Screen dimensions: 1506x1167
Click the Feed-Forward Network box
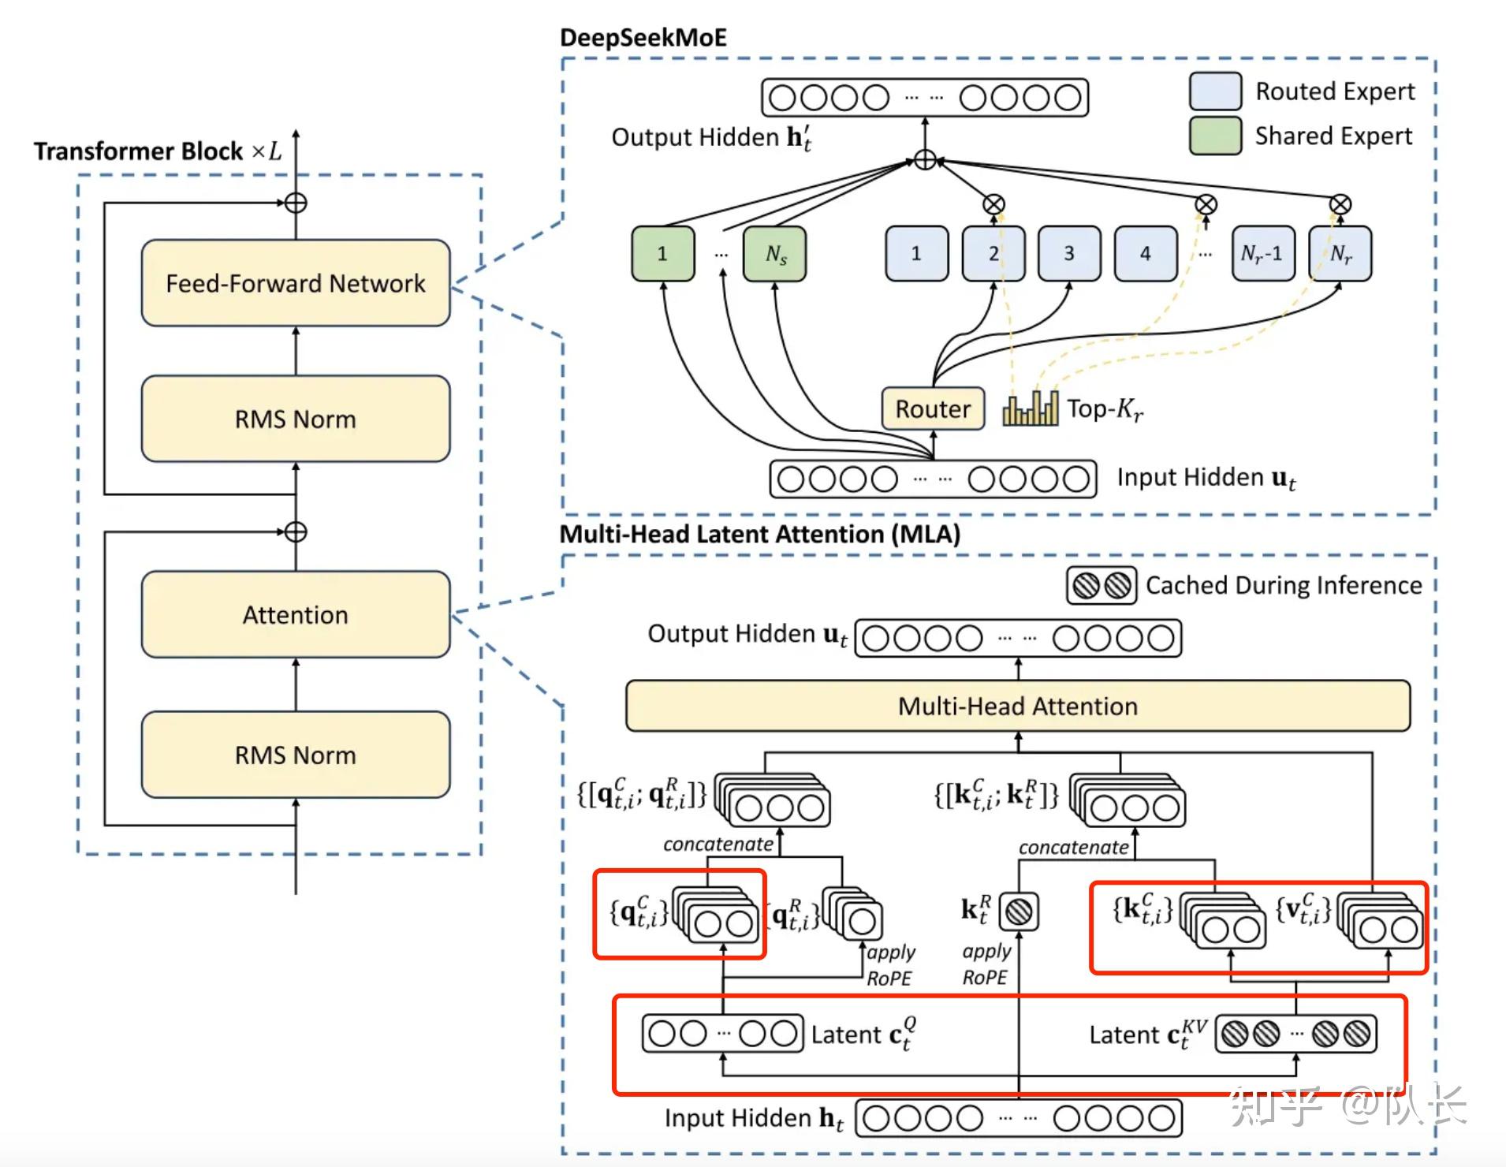tap(296, 283)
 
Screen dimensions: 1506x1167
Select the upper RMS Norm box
tap(296, 419)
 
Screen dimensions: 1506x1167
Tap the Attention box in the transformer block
tap(296, 614)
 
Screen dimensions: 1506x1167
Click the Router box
tap(933, 408)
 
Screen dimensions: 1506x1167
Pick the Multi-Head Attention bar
tap(1018, 706)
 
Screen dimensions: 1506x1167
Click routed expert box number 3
tap(1069, 253)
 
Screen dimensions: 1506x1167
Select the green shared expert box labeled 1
tap(663, 253)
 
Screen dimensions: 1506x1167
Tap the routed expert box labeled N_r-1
tap(1263, 253)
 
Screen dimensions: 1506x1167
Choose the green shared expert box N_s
tap(775, 253)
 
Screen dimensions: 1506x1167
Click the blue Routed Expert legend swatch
tap(1216, 91)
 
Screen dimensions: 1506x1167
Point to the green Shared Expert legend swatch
tap(1216, 136)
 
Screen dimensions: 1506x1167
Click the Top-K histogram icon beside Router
tap(1031, 408)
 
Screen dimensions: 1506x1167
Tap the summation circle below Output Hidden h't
tap(925, 160)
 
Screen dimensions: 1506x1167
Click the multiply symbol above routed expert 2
tap(994, 205)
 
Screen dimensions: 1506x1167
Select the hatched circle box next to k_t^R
tap(1020, 912)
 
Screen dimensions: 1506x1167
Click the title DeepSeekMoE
tap(643, 37)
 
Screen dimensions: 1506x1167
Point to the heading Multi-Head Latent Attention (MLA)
tap(760, 534)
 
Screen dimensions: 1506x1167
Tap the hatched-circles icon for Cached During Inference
tap(1102, 585)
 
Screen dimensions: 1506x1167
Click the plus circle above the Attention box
tap(296, 532)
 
